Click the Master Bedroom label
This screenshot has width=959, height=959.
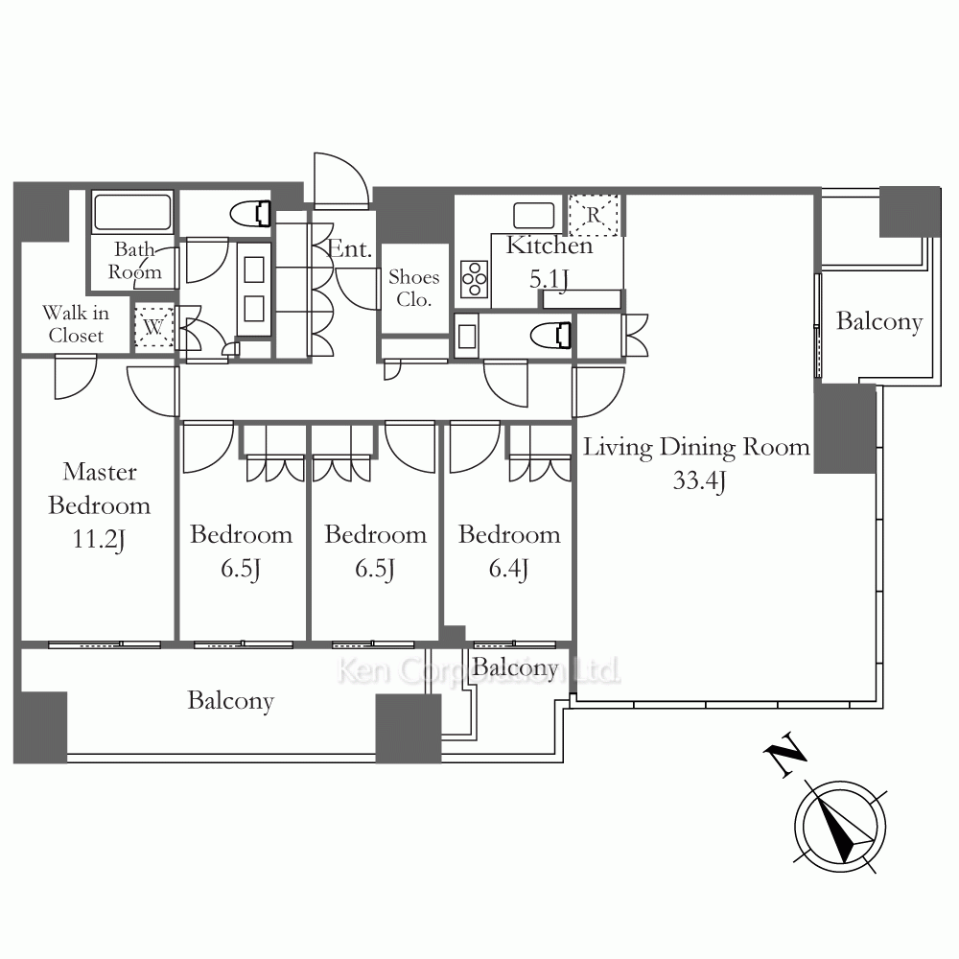pos(99,489)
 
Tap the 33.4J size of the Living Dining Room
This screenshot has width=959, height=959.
pos(699,480)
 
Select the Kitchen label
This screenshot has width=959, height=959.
pos(550,246)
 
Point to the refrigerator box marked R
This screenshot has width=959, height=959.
pos(594,215)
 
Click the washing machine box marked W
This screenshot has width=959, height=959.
pos(153,327)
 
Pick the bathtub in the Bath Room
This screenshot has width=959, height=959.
pos(132,211)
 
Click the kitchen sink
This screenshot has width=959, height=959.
pos(534,215)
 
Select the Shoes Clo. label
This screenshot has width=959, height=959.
pos(414,288)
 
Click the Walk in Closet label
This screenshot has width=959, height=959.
pos(76,324)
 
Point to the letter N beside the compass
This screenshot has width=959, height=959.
pos(785,754)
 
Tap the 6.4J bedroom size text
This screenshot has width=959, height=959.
pos(508,569)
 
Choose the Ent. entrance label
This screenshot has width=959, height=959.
pos(350,249)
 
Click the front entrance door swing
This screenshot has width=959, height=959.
pos(340,177)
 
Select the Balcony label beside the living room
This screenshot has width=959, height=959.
pos(878,321)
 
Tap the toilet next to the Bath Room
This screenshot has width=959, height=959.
pos(250,214)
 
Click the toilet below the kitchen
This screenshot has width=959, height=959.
pos(551,336)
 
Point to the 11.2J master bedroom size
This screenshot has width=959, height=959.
pos(99,539)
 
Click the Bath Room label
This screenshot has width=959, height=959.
pos(135,261)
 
